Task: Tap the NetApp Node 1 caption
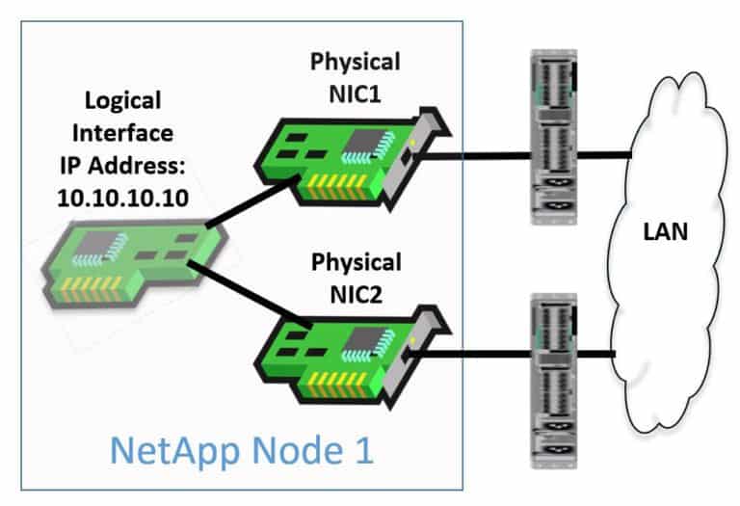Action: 240,450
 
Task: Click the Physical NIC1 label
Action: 355,74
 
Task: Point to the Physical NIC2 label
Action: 355,275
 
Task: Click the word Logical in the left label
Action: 123,100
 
